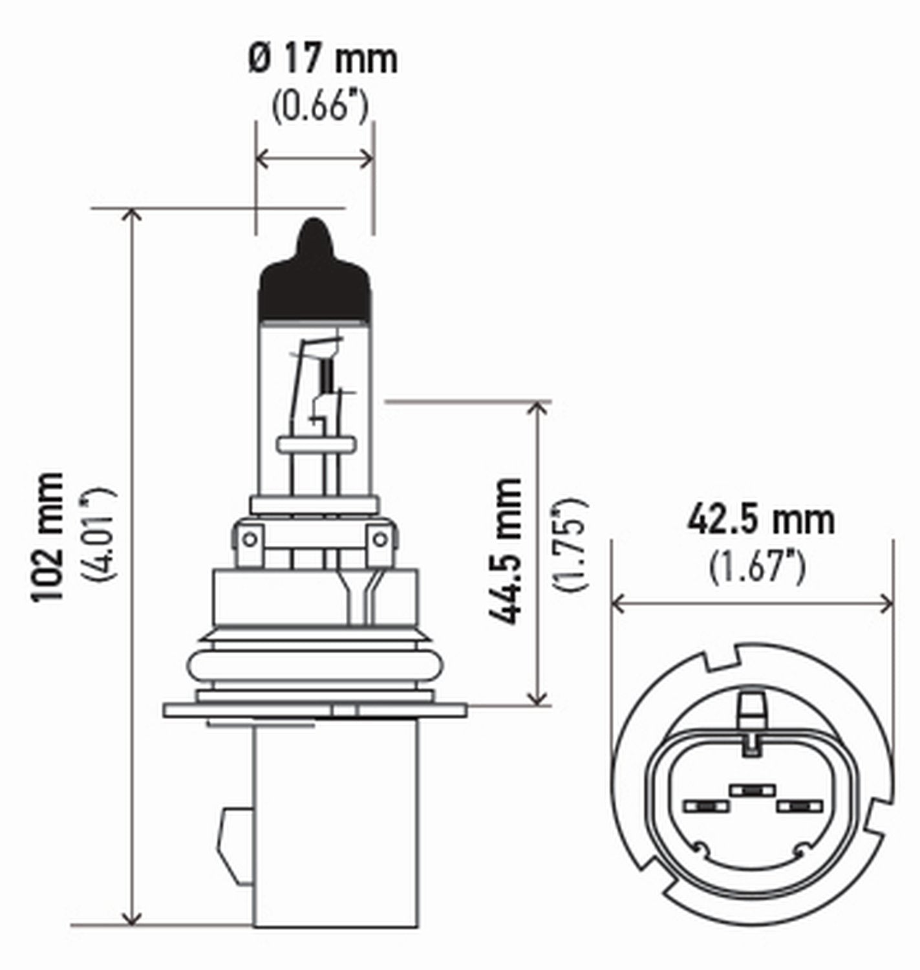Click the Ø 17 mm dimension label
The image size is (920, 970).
[x=322, y=59]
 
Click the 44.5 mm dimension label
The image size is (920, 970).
[x=505, y=551]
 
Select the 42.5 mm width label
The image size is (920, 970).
[x=760, y=521]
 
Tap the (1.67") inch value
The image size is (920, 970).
[x=756, y=566]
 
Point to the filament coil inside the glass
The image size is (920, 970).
[x=326, y=375]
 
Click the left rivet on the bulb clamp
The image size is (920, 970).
[x=250, y=537]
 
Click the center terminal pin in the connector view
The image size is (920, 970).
[x=751, y=790]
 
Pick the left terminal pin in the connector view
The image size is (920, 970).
[x=705, y=806]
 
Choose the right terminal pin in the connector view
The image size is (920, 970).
[x=798, y=806]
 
